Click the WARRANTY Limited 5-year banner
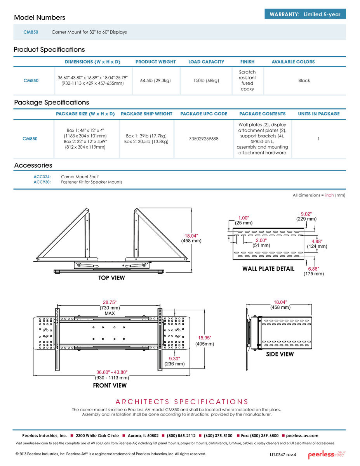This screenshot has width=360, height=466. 305,14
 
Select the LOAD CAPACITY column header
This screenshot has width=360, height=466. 206,62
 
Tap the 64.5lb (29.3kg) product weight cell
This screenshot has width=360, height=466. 156,80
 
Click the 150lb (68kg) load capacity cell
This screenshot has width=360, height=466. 206,80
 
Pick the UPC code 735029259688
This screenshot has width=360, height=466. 203,139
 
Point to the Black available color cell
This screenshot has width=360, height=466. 304,80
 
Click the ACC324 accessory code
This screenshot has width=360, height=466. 42,177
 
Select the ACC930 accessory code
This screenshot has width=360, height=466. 42,182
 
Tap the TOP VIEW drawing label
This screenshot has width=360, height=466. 111,278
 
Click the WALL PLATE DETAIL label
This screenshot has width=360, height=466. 268,269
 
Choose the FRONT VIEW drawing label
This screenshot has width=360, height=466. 110,386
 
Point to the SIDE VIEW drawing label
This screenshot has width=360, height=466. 280,354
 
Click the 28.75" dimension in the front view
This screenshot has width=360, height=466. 110,302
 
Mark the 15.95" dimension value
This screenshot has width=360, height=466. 205,337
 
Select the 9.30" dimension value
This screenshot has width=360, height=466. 174,358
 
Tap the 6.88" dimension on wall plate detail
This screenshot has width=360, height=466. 313,269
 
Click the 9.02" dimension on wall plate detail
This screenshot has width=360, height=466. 306,213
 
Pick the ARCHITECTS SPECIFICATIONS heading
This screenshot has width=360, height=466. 182,402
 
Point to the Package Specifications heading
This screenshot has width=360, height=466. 52,103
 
